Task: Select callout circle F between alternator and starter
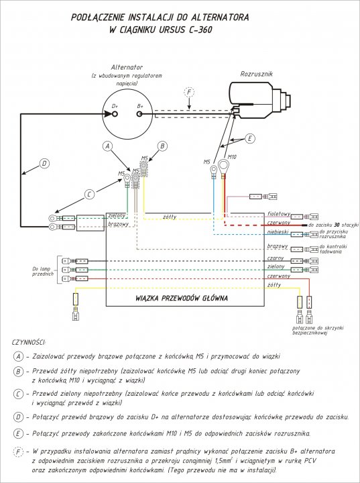[190, 92]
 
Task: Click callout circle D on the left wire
[44, 163]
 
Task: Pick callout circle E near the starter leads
[250, 139]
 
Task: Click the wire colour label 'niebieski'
[277, 232]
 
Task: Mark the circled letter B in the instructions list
[19, 371]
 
